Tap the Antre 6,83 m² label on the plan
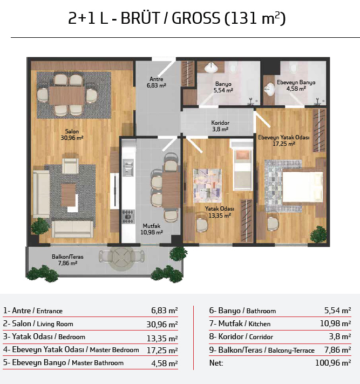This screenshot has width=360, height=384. click(x=157, y=82)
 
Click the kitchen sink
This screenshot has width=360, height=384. click(x=128, y=167)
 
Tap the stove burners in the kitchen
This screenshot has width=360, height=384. click(x=128, y=217)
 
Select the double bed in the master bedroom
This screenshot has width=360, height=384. click(x=303, y=187)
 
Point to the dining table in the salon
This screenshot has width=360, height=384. click(x=67, y=95)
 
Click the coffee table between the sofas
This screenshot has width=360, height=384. click(x=69, y=195)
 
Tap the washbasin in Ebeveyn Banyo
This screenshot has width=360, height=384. click(x=270, y=90)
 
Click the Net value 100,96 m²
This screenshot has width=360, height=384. click(x=333, y=363)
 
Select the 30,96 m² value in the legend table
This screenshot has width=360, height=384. click(x=162, y=324)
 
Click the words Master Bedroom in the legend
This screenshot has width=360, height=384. click(x=114, y=350)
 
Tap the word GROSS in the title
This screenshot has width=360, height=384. click(x=196, y=18)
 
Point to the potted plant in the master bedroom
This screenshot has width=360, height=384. click(x=318, y=234)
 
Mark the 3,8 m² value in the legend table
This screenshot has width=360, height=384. click(x=340, y=336)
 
